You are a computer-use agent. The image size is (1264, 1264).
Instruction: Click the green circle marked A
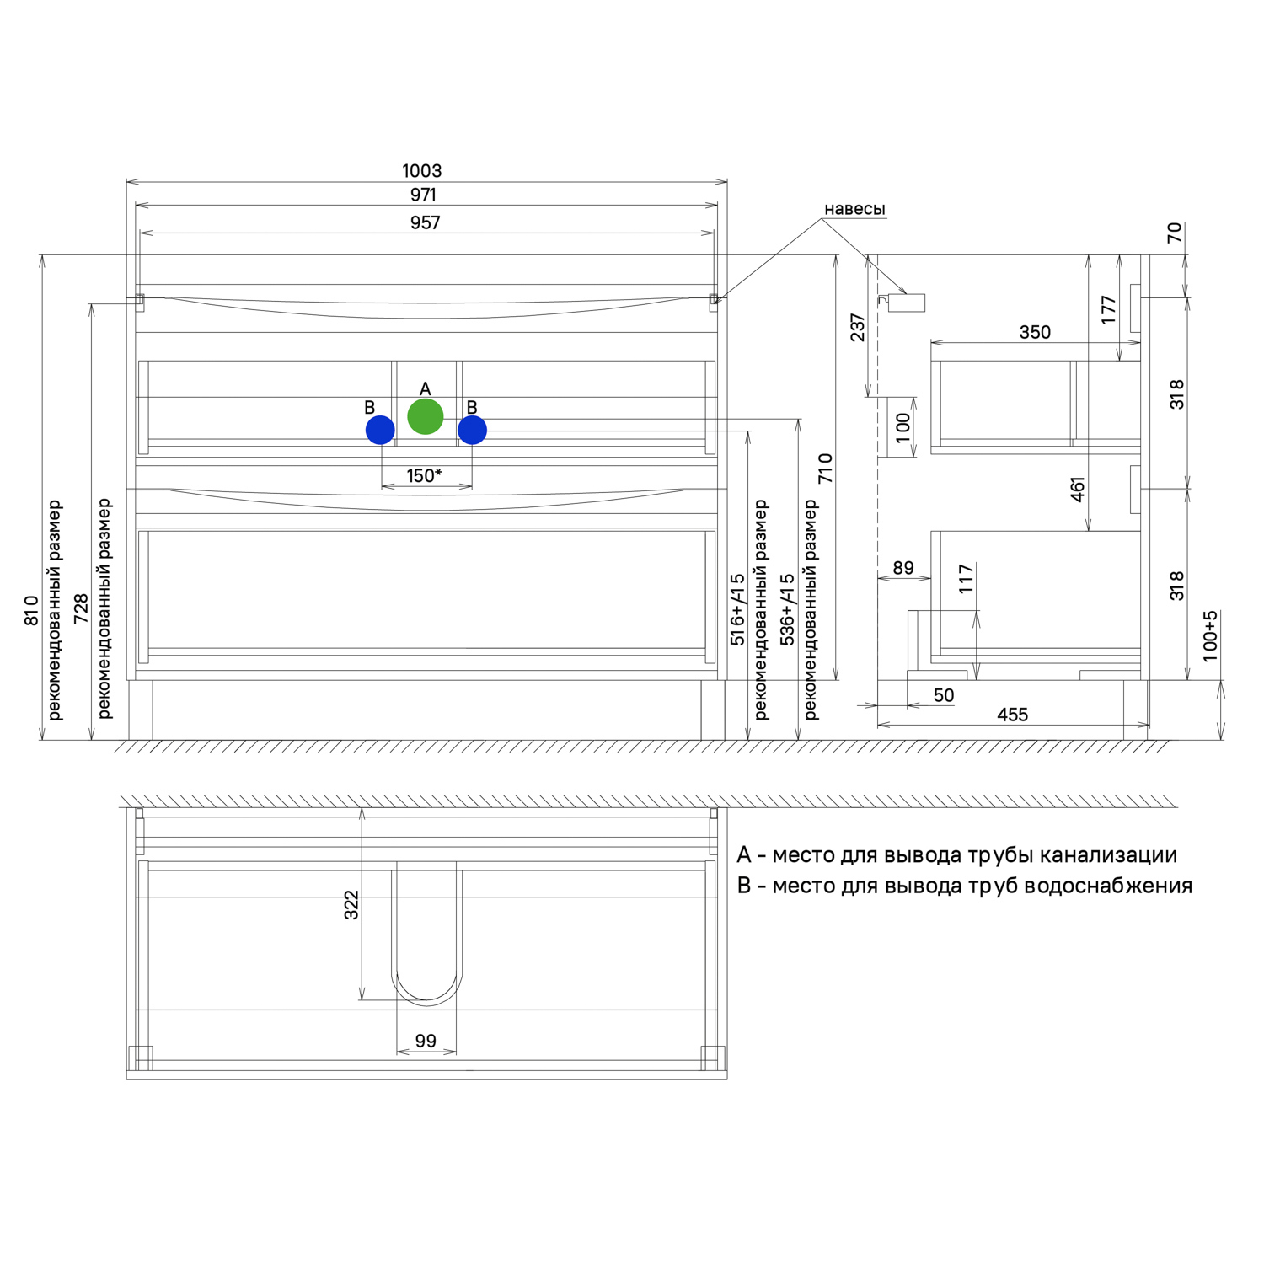point(426,417)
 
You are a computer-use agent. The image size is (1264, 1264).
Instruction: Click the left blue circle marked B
point(380,430)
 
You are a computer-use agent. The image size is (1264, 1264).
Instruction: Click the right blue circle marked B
point(472,430)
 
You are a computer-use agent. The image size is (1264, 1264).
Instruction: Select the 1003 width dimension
point(421,171)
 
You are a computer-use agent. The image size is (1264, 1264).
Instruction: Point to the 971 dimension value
point(423,195)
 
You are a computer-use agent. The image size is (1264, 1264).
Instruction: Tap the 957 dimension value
point(425,222)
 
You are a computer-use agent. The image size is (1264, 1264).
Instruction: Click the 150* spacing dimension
point(424,475)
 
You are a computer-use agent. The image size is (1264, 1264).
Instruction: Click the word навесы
point(854,209)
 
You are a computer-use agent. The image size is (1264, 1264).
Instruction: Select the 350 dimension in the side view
point(1035,332)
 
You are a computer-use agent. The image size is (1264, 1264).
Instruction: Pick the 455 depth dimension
point(1012,715)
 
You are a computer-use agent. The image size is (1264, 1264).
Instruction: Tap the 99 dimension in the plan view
point(426,1041)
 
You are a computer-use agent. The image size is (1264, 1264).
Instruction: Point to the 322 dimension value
point(351,904)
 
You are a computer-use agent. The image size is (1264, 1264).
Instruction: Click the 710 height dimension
point(825,469)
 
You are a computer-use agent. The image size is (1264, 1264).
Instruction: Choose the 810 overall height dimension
point(31,610)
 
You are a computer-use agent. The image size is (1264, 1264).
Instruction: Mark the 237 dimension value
point(858,328)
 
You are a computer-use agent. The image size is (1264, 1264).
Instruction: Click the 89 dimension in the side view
point(903,568)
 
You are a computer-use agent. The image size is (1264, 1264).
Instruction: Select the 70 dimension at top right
point(1175,233)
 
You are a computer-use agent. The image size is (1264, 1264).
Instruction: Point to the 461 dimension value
point(1078,490)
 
